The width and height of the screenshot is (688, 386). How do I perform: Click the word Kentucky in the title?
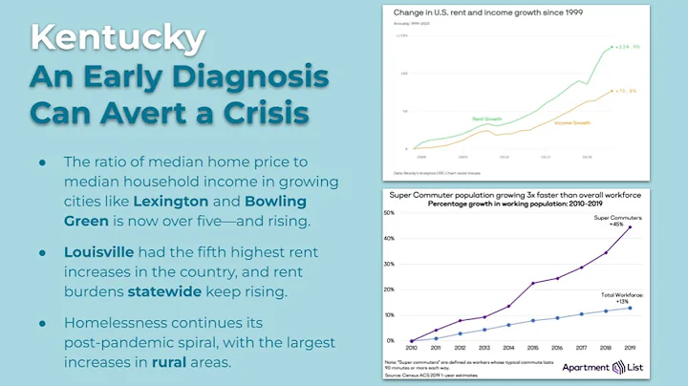(117, 37)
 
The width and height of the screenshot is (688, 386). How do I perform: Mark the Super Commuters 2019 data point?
(630, 227)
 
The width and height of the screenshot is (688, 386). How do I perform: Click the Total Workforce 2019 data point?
(630, 308)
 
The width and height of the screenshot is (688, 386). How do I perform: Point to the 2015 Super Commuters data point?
(532, 284)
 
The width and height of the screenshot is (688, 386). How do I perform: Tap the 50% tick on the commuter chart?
(389, 213)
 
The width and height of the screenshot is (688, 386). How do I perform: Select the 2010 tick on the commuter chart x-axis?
(411, 349)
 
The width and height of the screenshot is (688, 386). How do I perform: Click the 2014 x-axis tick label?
(508, 349)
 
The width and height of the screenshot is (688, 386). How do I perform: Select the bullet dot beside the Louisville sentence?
(43, 252)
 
